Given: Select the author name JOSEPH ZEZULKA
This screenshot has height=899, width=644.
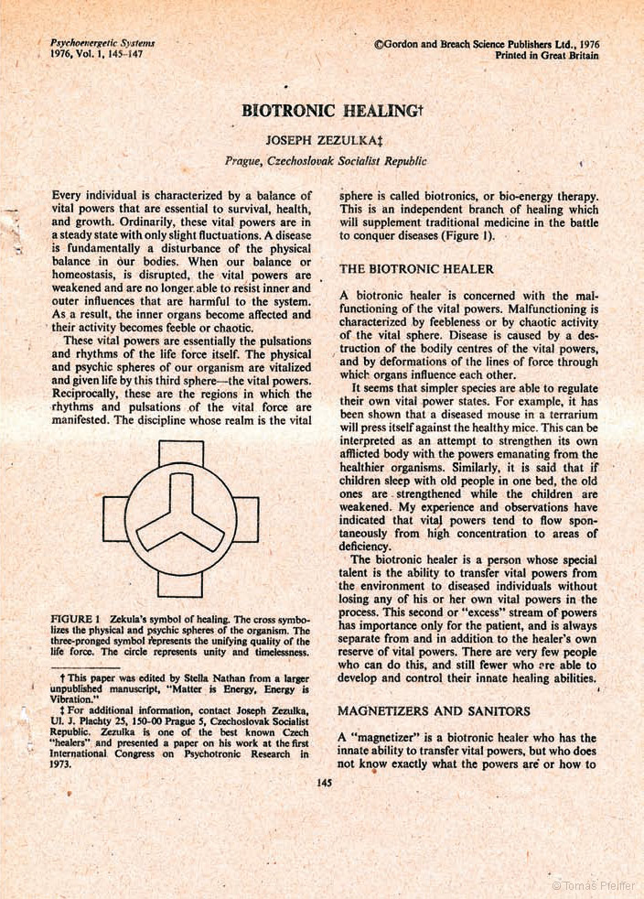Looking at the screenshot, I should point(322,140).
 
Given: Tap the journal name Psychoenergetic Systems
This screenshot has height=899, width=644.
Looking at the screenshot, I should point(102,43).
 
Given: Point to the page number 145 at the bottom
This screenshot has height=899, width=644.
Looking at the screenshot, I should point(323,782).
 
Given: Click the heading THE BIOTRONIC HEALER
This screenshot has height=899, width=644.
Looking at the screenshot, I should point(416,269).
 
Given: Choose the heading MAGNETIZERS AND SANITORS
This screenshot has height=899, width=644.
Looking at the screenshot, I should point(434,710).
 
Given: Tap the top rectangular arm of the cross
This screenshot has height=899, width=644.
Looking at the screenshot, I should point(180,453).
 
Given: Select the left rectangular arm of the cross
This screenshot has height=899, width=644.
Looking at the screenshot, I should point(115,519).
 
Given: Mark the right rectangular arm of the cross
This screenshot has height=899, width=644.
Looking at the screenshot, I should point(246,519).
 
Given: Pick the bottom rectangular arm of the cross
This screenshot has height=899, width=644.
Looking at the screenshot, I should point(180,584).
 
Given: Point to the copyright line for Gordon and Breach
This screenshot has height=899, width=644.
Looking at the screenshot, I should point(487,43).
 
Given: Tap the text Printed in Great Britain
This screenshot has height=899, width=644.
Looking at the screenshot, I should point(546,55).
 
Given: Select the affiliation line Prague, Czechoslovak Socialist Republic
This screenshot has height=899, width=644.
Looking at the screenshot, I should point(326,160).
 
